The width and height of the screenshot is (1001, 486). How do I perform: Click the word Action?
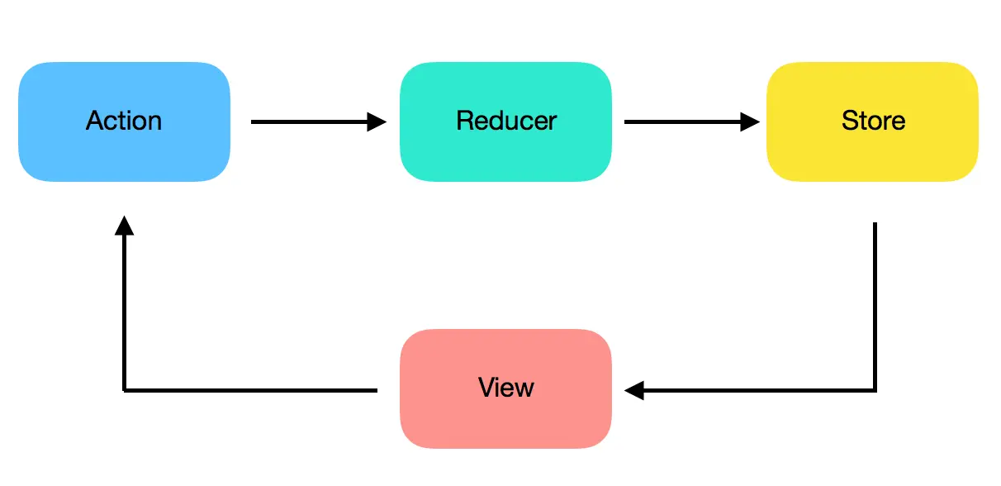pyautogui.click(x=124, y=121)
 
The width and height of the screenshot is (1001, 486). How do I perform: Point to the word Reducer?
pyautogui.click(x=506, y=121)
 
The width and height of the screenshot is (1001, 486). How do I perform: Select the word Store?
pyautogui.click(x=873, y=121)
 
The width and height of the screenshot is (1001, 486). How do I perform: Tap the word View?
pyautogui.click(x=505, y=388)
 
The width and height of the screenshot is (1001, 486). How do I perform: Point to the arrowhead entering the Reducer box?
pyautogui.click(x=377, y=122)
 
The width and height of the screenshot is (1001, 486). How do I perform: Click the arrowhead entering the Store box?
pyautogui.click(x=750, y=122)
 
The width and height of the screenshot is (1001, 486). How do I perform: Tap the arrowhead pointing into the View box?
pyautogui.click(x=634, y=390)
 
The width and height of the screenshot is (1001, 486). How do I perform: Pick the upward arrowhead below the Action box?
pyautogui.click(x=124, y=225)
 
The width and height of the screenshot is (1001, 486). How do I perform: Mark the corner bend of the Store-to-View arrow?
pyautogui.click(x=874, y=390)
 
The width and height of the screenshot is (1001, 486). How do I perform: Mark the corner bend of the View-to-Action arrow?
pyautogui.click(x=124, y=390)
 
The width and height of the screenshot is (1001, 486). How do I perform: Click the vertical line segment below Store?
pyautogui.click(x=874, y=306)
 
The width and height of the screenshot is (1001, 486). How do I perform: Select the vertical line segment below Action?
pyautogui.click(x=124, y=314)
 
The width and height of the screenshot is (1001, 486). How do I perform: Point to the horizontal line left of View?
pyautogui.click(x=248, y=390)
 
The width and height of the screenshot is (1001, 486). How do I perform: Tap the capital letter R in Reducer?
pyautogui.click(x=464, y=121)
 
